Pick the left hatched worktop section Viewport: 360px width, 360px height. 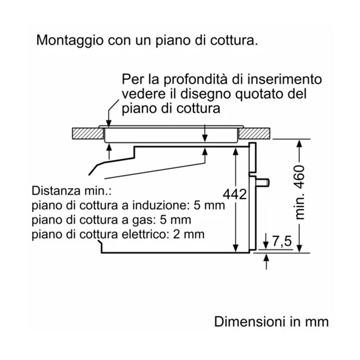click(x=87, y=134)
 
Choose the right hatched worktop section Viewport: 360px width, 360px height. click(x=255, y=134)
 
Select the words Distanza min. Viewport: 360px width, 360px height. click(x=71, y=191)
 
